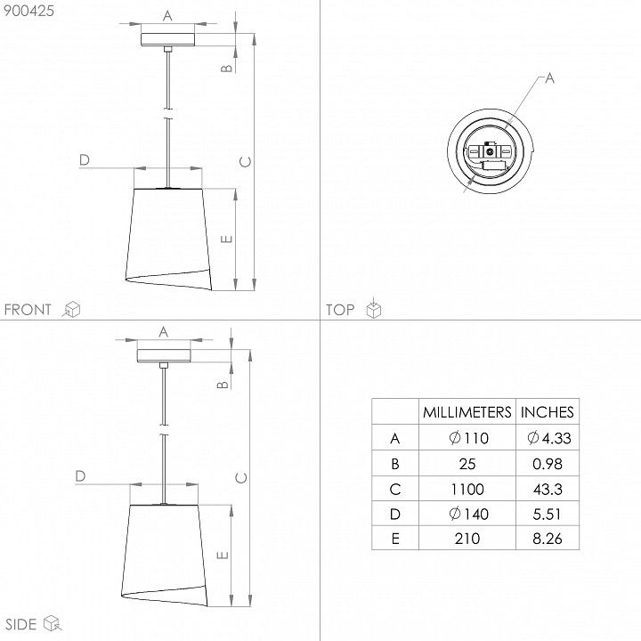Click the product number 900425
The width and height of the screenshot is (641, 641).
[x=28, y=11]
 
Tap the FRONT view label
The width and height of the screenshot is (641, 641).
[x=28, y=310]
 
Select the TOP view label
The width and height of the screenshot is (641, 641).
[x=340, y=310]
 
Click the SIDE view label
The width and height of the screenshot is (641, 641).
[x=20, y=624]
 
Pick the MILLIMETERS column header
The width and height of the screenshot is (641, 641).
[x=467, y=412]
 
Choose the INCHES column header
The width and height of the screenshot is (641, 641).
[x=548, y=412]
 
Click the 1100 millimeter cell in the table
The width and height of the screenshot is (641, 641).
[x=467, y=489]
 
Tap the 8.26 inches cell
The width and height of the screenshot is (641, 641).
[x=548, y=539]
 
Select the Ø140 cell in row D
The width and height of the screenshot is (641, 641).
[x=468, y=514]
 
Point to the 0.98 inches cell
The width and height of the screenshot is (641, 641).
[x=548, y=464]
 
